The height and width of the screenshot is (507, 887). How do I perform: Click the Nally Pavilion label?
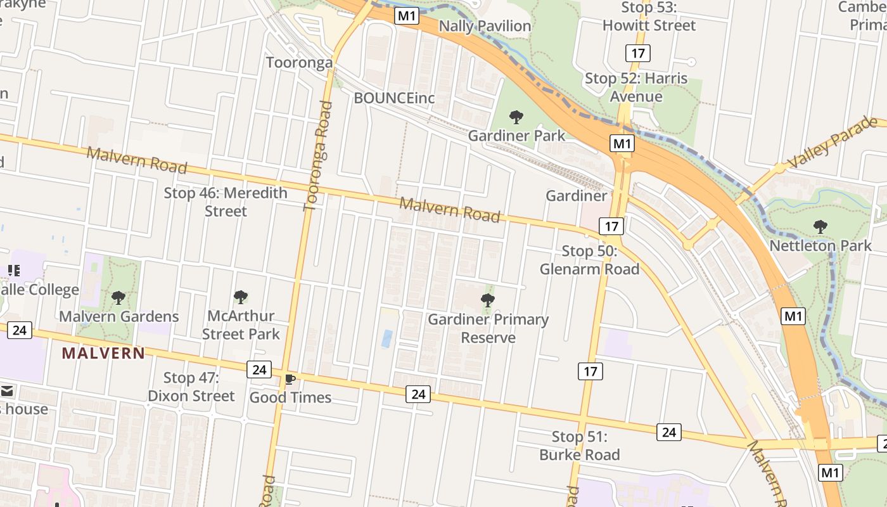[485, 26]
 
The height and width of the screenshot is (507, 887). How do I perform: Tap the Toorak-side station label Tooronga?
[299, 63]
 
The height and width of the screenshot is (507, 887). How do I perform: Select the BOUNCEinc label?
[394, 98]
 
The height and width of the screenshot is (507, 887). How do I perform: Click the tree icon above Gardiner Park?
[516, 117]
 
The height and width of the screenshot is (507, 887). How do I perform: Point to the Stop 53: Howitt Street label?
[649, 17]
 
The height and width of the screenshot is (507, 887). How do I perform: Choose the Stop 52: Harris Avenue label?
[636, 87]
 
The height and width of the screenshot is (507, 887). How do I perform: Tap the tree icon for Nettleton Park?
[820, 226]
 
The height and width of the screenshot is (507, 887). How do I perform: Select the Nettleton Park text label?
[820, 245]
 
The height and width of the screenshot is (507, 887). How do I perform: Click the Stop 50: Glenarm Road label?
[589, 260]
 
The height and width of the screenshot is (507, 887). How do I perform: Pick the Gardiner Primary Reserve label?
[488, 328]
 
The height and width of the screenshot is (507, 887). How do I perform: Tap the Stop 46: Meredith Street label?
[226, 202]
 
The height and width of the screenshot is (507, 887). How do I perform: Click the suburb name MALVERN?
[103, 354]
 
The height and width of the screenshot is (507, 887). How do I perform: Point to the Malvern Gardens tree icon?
[118, 298]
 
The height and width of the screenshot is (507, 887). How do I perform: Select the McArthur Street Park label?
[241, 324]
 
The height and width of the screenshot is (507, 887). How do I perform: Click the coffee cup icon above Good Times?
[290, 380]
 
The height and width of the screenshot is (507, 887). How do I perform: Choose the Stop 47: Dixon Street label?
[191, 387]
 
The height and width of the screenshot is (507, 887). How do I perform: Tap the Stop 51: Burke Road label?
[579, 446]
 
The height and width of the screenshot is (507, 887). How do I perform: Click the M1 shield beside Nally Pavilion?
[407, 16]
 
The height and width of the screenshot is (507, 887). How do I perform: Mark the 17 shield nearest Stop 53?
[638, 53]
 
